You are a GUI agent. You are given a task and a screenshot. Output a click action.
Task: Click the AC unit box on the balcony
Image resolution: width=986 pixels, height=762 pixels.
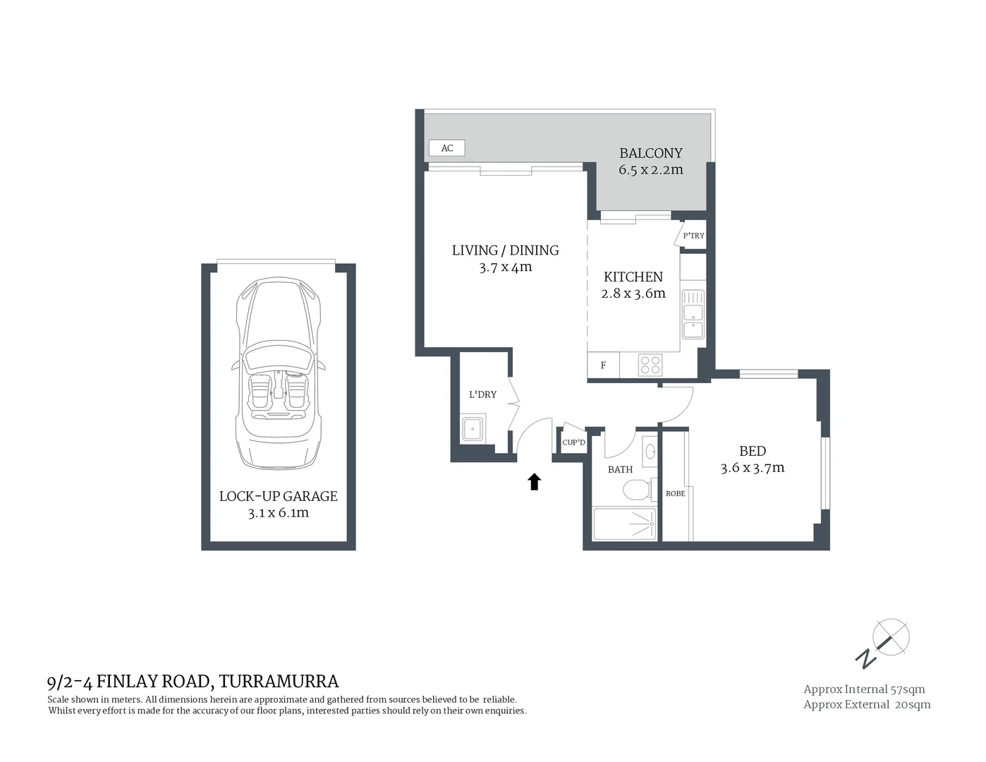tap(447, 148)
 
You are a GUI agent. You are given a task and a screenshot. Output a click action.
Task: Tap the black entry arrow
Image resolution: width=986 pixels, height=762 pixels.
tap(534, 481)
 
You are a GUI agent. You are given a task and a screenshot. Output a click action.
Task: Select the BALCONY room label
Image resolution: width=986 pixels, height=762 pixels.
tap(651, 153)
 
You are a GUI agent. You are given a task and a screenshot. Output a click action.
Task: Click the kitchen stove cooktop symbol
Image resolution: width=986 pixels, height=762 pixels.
tap(650, 365)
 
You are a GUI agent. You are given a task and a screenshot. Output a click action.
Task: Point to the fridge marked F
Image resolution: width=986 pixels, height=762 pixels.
tap(604, 365)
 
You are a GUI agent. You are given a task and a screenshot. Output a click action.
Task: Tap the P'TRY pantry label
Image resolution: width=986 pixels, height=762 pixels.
tap(693, 236)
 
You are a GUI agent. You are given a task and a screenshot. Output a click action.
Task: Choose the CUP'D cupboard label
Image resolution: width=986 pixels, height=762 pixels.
tap(573, 442)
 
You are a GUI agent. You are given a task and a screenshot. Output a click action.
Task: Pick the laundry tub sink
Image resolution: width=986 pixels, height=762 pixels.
tap(473, 428)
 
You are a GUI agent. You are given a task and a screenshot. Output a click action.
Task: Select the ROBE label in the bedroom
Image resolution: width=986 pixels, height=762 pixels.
tap(675, 493)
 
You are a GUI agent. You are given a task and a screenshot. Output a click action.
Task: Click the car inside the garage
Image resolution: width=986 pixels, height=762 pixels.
tap(278, 373)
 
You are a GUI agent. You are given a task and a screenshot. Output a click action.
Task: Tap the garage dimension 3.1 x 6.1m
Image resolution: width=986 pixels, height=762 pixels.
tap(278, 513)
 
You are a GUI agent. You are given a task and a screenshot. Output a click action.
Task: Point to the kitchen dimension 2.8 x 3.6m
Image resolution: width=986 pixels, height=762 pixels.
tap(633, 294)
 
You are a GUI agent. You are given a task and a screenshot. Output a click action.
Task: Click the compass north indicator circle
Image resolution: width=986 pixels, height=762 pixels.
tap(891, 636)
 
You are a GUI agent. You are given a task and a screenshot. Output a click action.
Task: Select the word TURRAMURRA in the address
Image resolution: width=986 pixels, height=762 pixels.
tap(279, 682)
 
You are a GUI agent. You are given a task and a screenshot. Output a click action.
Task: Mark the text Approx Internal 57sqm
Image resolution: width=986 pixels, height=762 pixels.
tap(864, 689)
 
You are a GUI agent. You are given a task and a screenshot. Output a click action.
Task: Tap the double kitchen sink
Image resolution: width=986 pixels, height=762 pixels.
tap(693, 315)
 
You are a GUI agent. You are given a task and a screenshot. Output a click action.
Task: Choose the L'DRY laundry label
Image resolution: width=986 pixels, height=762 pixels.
tap(483, 394)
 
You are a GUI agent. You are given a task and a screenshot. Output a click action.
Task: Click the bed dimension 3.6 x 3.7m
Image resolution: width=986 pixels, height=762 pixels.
tap(753, 468)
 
